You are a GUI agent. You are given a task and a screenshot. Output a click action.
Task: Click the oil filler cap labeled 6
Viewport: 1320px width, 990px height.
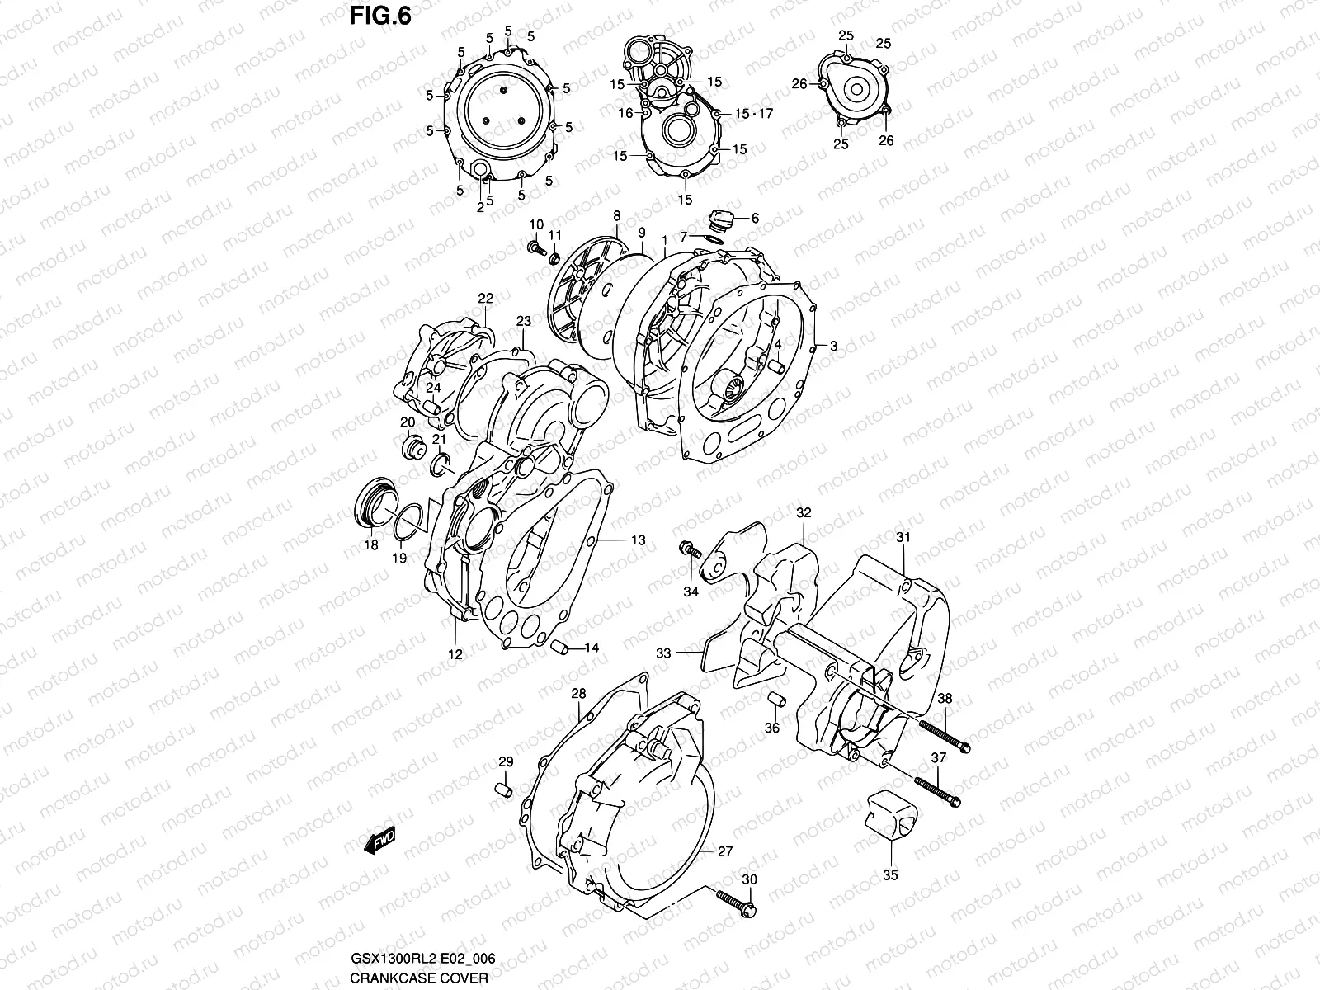[721, 219]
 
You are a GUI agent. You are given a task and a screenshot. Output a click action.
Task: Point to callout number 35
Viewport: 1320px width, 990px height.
[890, 875]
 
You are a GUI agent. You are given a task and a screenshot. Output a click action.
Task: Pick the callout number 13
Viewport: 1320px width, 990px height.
[638, 540]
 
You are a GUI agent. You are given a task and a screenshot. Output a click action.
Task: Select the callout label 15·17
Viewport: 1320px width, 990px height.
[752, 114]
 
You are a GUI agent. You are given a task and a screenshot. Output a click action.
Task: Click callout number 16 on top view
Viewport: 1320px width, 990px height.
[626, 113]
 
